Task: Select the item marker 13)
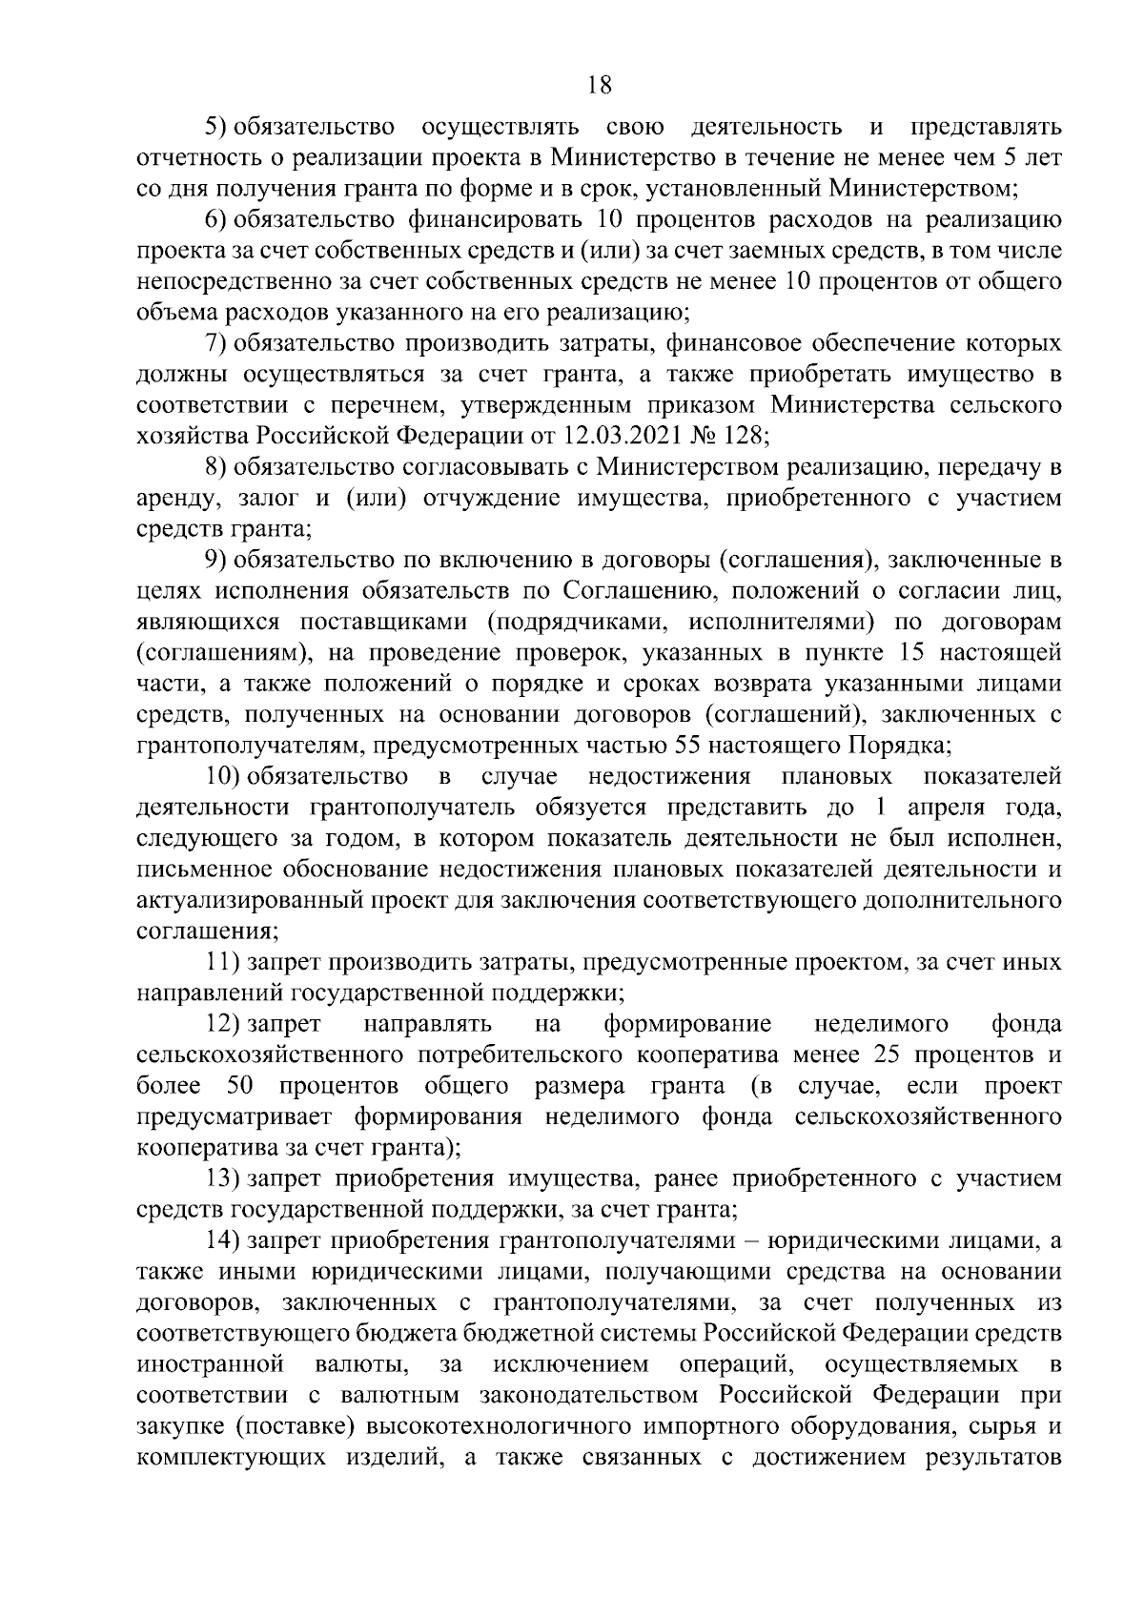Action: (224, 1179)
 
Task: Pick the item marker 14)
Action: (224, 1241)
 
